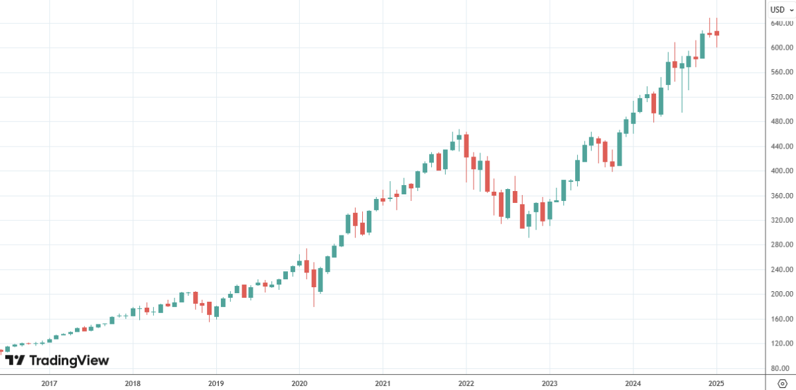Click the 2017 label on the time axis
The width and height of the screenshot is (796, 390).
point(48,383)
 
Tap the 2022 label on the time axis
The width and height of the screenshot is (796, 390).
point(466,383)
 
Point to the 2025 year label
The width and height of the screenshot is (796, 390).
point(716,383)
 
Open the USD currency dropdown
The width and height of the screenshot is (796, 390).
point(780,9)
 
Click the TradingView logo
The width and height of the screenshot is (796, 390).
point(57,361)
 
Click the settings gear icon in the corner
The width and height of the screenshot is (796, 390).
point(781,383)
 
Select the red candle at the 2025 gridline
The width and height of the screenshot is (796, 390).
point(716,33)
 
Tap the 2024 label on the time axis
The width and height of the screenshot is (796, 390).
point(633,383)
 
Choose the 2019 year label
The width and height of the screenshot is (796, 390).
point(216,383)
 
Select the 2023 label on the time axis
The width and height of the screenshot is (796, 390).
point(549,383)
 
